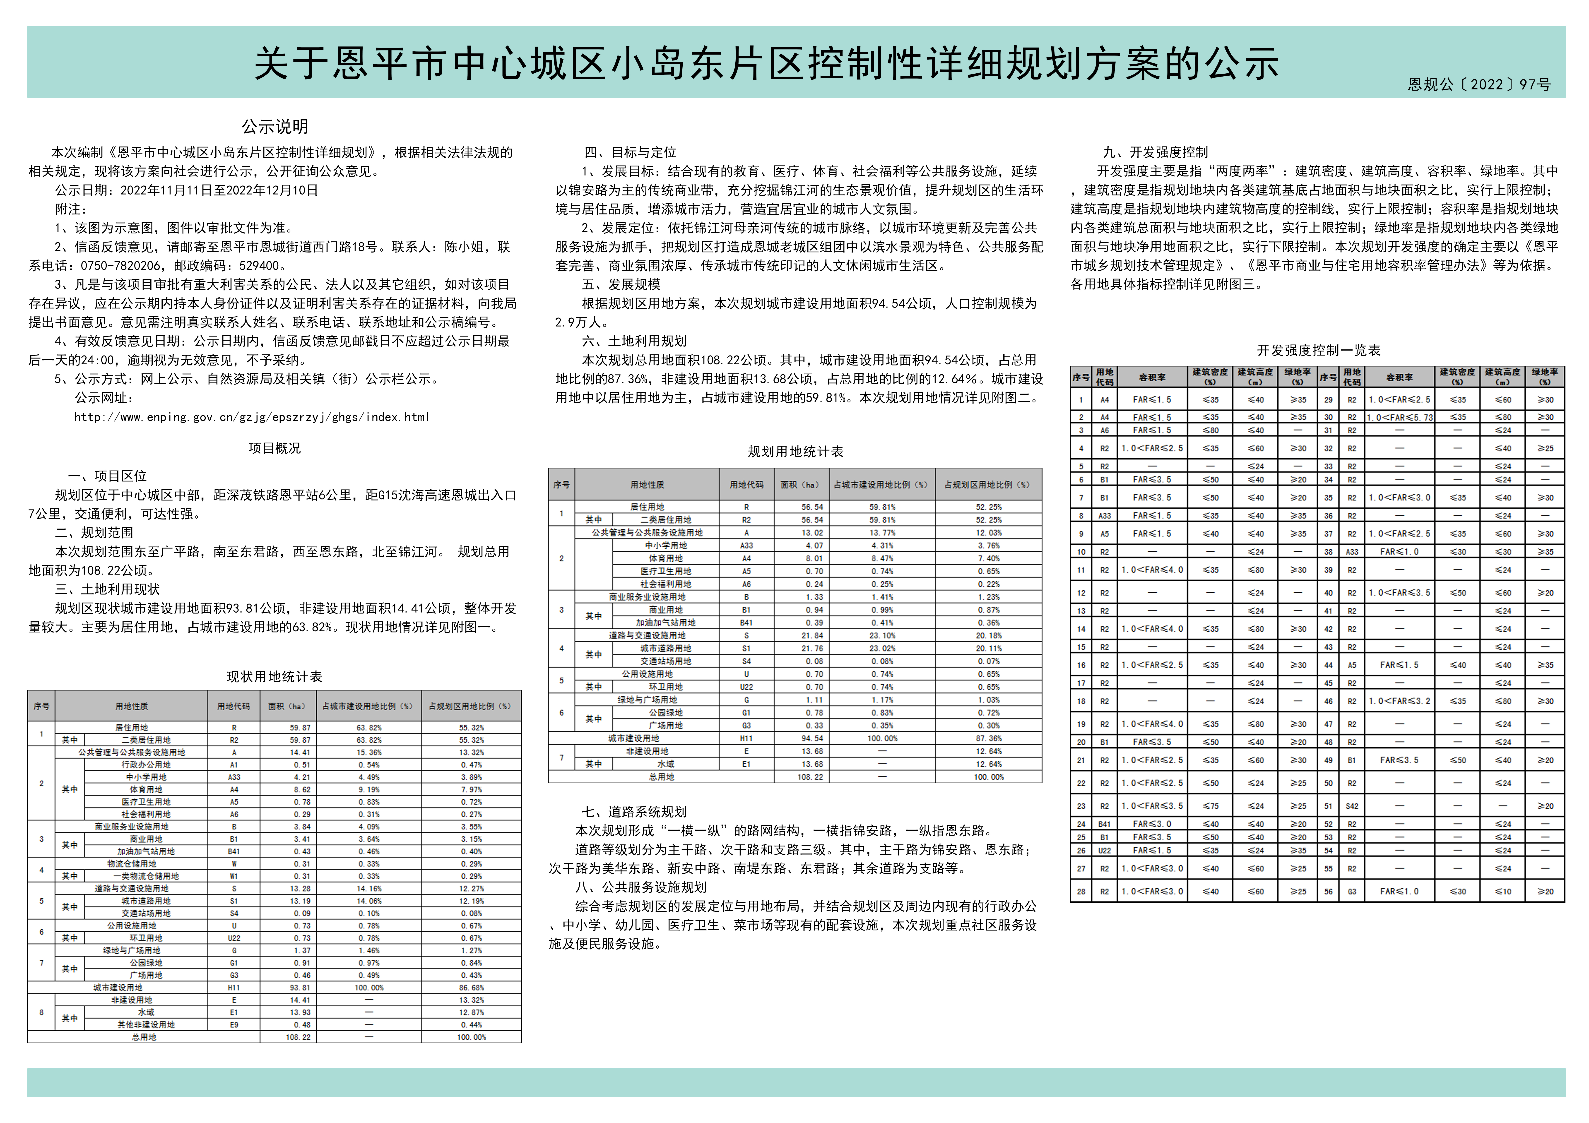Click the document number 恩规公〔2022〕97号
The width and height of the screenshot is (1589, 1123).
pyautogui.click(x=1479, y=84)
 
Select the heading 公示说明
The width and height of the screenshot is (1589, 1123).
pyautogui.click(x=275, y=127)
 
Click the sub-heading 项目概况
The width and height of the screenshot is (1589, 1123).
pyautogui.click(x=275, y=448)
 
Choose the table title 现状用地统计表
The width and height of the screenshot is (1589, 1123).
pyautogui.click(x=275, y=677)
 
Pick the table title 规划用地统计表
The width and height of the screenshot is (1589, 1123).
pyautogui.click(x=795, y=452)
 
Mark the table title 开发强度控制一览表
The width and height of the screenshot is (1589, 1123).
pyautogui.click(x=1318, y=350)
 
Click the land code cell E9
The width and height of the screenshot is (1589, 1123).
pyautogui.click(x=234, y=1025)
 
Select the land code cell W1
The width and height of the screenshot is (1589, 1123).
pyautogui.click(x=234, y=876)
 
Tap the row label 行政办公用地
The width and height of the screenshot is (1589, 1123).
pyautogui.click(x=146, y=765)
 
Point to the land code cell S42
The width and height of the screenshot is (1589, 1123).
pyautogui.click(x=1352, y=806)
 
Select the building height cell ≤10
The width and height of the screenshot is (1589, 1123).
pyautogui.click(x=1502, y=891)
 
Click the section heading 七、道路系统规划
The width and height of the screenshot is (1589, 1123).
pyautogui.click(x=634, y=812)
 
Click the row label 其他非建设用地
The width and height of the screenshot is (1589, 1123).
pyautogui.click(x=146, y=1025)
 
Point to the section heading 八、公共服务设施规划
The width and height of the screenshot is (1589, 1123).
pyautogui.click(x=641, y=887)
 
